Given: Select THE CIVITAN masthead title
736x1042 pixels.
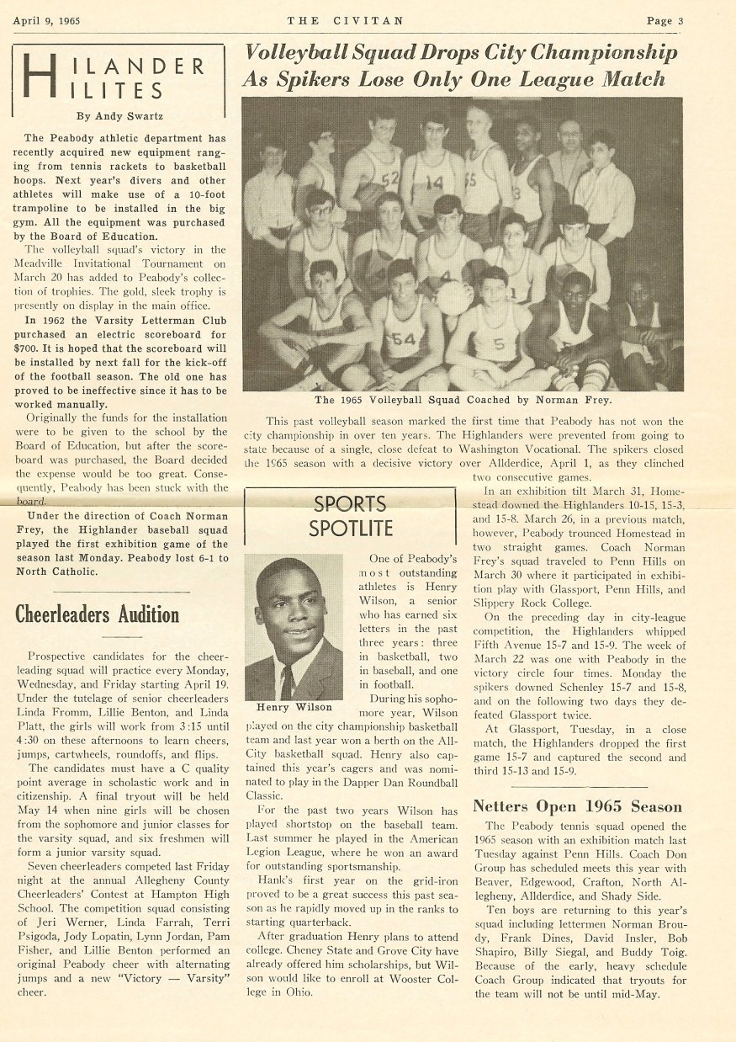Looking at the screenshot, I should pos(345,20).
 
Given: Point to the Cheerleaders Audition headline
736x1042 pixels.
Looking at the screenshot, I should pos(98,614).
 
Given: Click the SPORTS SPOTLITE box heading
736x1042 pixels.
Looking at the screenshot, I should pos(351,517).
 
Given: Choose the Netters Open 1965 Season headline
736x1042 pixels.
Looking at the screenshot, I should pos(577,806).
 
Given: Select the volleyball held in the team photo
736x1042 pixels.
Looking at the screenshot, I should pos(454,297).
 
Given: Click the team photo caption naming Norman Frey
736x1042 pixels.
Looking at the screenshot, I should pos(463,400).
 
